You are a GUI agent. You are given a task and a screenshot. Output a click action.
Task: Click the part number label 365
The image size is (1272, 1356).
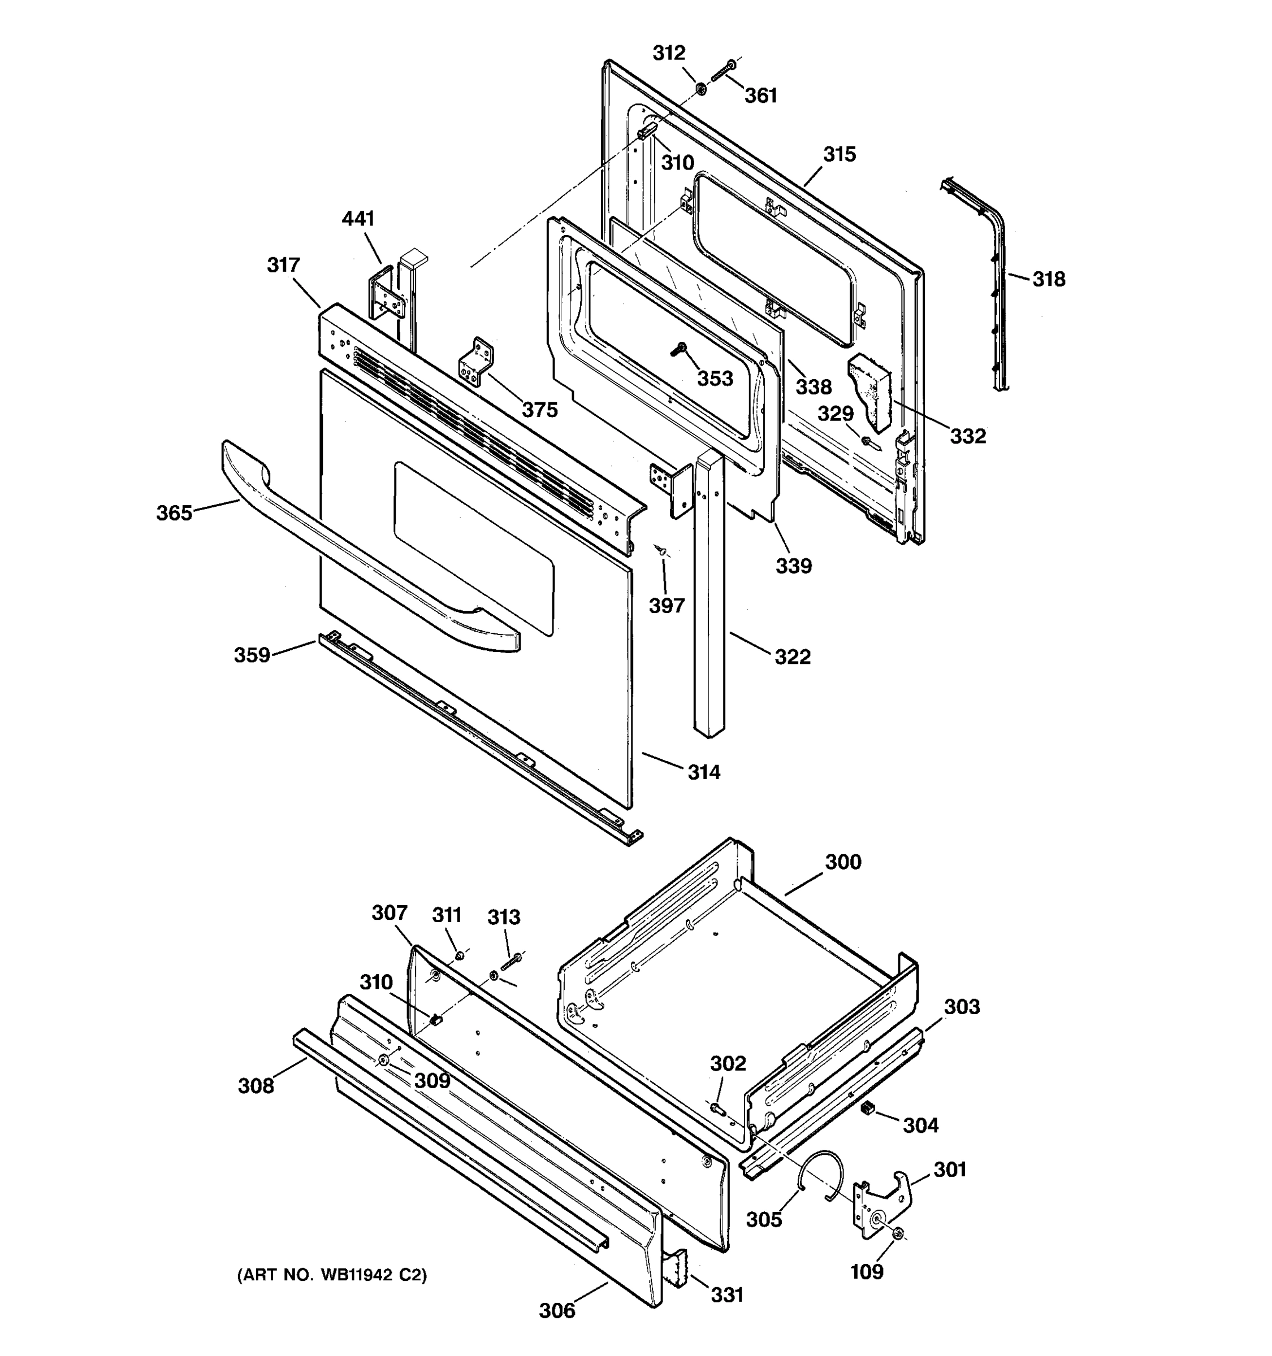point(174,512)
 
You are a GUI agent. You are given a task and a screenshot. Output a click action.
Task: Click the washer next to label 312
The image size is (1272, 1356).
point(700,88)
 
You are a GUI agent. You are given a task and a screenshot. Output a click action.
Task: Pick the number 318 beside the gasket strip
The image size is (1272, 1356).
point(1048,279)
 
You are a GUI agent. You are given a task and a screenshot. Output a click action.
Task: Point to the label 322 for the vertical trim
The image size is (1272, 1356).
point(792,657)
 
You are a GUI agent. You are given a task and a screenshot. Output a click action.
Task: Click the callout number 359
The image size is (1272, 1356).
point(252,655)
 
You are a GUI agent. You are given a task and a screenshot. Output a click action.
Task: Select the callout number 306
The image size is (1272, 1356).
point(557,1310)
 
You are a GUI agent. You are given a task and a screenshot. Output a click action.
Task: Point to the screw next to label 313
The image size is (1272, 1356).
point(511,962)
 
